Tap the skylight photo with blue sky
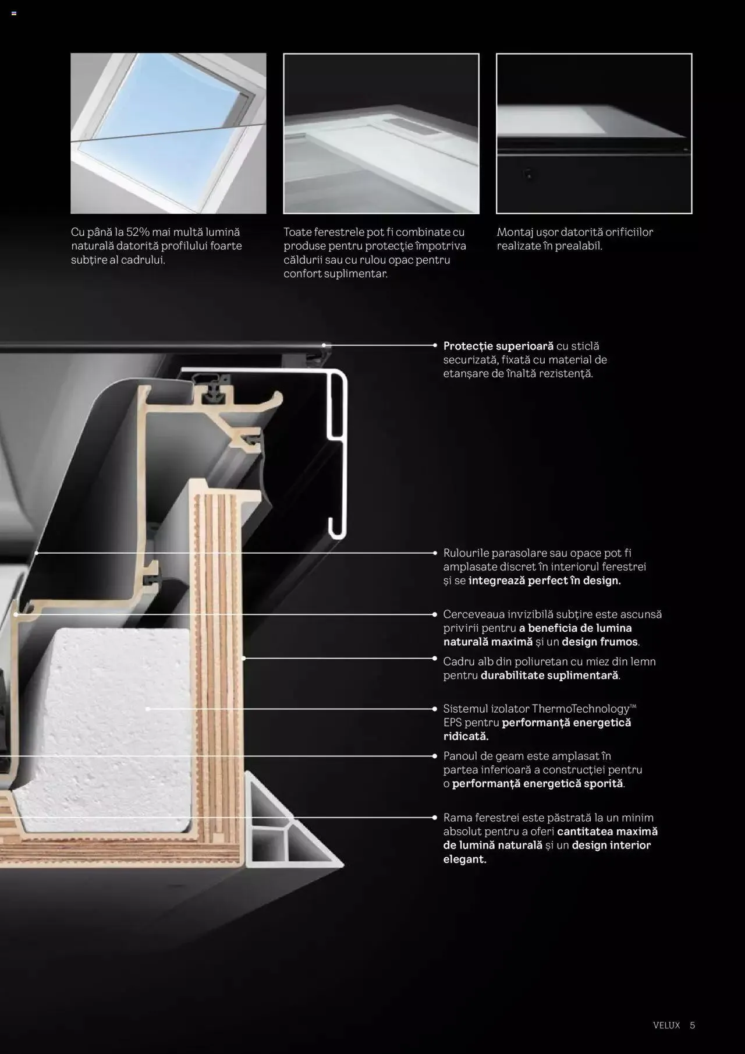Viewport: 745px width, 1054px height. tap(168, 133)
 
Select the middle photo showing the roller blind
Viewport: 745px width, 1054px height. tap(381, 133)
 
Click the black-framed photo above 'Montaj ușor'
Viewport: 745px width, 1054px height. tap(594, 133)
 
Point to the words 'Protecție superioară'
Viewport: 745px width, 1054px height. tap(498, 346)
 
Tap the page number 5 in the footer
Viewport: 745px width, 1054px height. tap(693, 1025)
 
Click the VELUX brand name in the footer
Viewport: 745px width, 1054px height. tap(666, 1025)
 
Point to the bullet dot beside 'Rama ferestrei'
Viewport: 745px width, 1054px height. tap(435, 818)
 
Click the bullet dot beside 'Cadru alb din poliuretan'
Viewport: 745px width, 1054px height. tap(435, 658)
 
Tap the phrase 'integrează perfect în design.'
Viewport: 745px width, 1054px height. tap(544, 581)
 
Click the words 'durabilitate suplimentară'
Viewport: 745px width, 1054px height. tap(549, 675)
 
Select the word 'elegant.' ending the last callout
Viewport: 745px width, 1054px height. tap(464, 860)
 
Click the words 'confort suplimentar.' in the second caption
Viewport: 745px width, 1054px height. tap(335, 274)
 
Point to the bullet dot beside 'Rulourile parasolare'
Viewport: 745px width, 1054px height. tap(435, 553)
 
